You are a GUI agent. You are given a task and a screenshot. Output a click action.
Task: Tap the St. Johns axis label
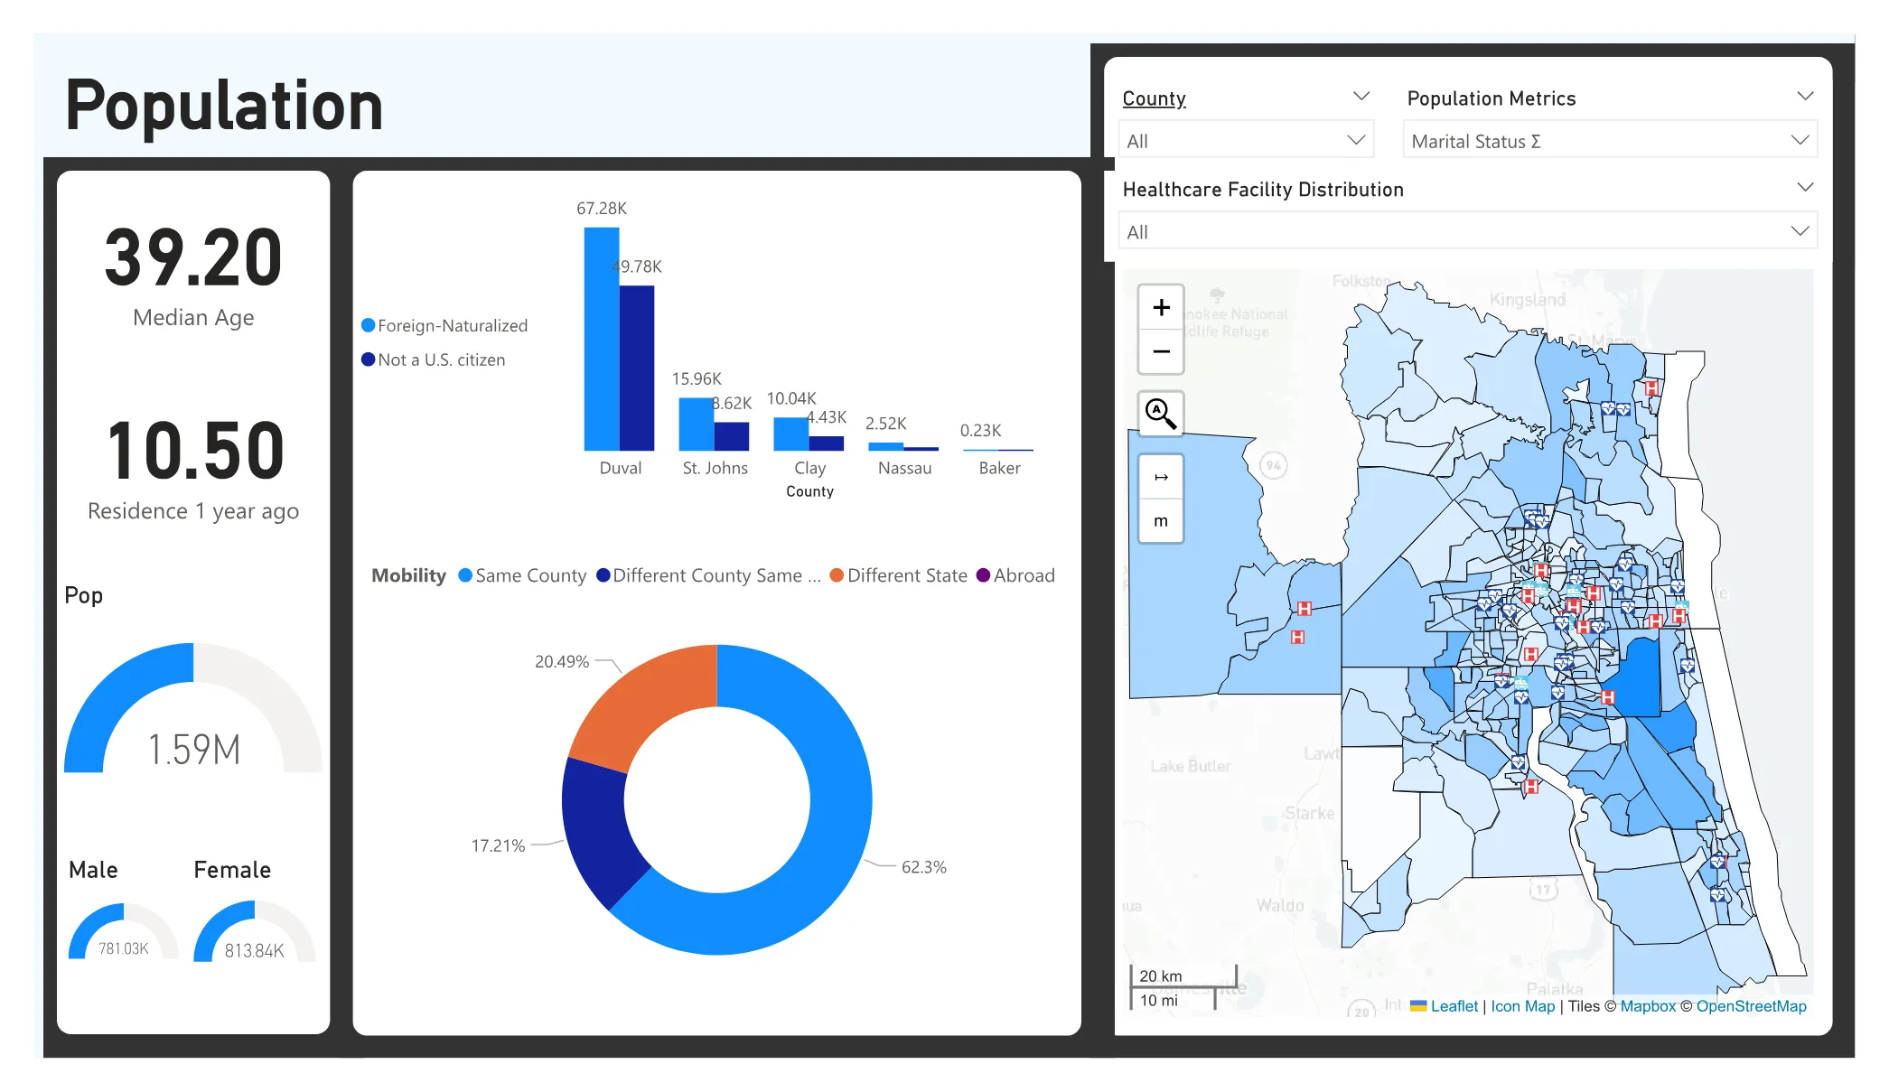715,468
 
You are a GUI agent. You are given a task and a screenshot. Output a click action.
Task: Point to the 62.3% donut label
923,867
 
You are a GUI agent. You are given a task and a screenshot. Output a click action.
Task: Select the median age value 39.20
193,259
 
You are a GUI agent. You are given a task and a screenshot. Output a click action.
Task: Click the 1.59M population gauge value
193,750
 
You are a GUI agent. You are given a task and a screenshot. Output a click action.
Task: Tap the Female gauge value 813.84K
254,950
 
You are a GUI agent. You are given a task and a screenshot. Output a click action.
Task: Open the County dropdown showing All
1245,141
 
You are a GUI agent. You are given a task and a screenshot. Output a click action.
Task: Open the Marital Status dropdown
1609,141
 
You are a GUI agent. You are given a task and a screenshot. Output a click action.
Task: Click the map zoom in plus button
1161,308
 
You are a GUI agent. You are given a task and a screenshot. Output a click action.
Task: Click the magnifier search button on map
1161,414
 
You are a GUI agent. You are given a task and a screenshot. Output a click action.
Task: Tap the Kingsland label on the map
1527,300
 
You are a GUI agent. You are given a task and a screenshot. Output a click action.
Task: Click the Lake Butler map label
1190,766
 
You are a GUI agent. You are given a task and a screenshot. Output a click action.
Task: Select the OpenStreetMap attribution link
1750,1006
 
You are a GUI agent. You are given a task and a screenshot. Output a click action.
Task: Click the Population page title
224,106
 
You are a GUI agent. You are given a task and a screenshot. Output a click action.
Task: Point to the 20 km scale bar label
1160,975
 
